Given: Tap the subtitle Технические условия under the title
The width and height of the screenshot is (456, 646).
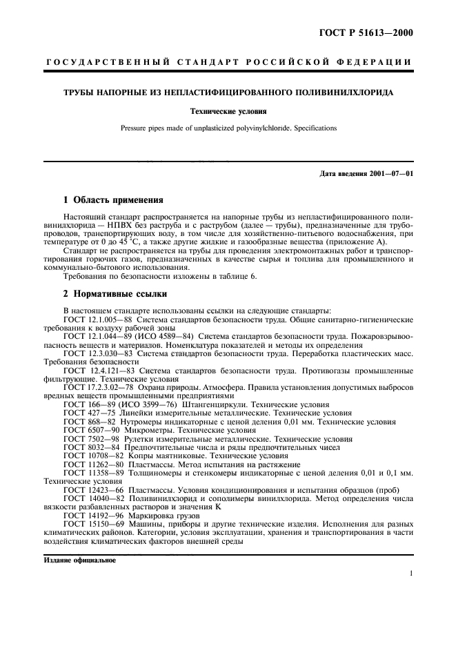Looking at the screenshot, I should (x=228, y=110).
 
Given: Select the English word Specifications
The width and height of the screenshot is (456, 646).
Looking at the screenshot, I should (x=293, y=128).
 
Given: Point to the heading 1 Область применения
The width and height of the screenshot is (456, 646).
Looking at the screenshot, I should (x=112, y=200).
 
